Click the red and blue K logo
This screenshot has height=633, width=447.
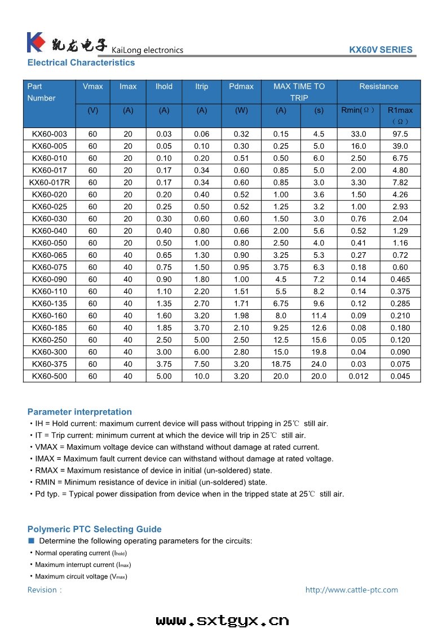pos(36,43)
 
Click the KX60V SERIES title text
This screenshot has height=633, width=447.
pos(380,50)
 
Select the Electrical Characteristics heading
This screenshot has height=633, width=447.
pos(81,63)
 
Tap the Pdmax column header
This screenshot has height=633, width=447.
pos(241,86)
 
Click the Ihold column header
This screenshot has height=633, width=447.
pos(164,86)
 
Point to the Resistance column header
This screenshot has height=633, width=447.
pos(378,86)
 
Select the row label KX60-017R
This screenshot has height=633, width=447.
pos(49,182)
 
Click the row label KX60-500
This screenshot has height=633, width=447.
pos(49,376)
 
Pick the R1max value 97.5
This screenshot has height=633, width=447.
pos(400,134)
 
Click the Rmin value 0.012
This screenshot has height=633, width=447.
pos(358,376)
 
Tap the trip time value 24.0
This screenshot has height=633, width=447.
pos(318,364)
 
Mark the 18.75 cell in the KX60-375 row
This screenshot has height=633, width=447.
pos(281,364)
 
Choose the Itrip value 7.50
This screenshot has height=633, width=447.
pos(201,364)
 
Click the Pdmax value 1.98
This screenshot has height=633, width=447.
pos(241,316)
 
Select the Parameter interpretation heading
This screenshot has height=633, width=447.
pos(79,412)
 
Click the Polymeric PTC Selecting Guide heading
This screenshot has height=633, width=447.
pos(94,529)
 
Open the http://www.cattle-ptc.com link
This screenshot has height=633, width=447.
pos(351,590)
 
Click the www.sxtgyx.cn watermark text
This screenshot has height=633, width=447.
pos(223,621)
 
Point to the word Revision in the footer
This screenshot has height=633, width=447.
pos(42,590)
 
